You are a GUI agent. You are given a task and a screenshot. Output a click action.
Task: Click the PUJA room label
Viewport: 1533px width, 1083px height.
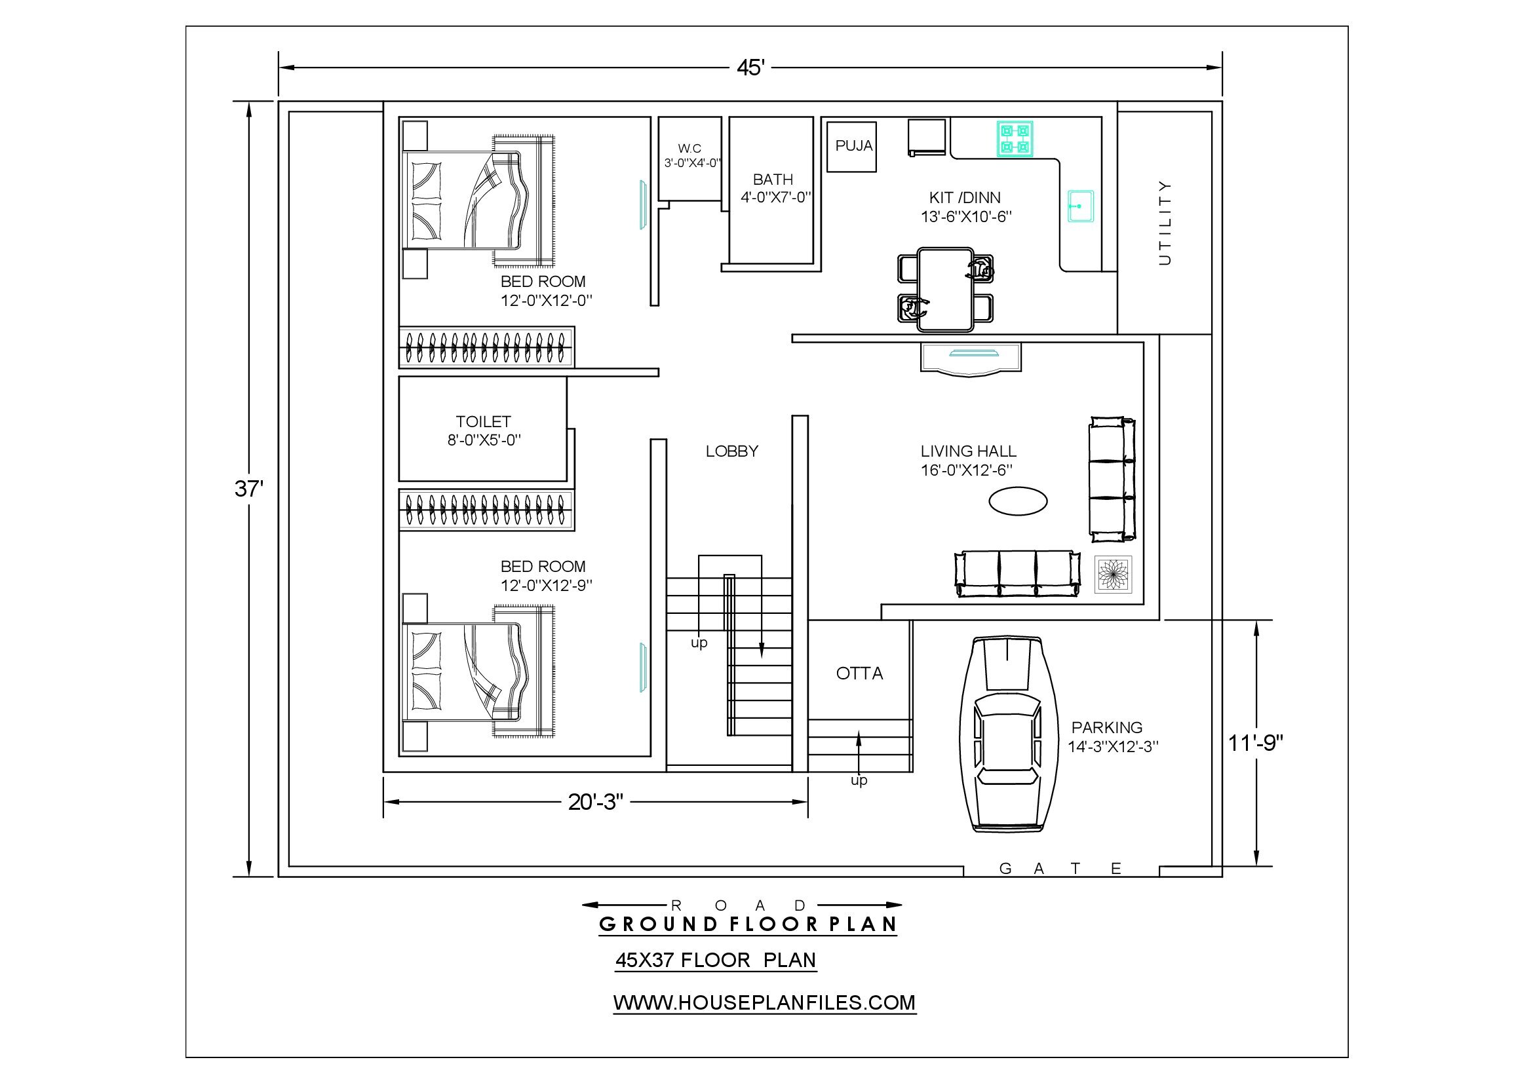pos(854,145)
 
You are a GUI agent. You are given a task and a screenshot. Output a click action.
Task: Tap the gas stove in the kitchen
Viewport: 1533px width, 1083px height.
pos(1015,139)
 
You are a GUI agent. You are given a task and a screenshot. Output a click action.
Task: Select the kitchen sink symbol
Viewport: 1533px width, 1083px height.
pos(1080,206)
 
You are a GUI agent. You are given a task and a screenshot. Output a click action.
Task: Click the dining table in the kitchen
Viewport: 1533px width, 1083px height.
pos(946,290)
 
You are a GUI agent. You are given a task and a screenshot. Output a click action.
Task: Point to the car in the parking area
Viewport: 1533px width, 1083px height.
pos(1009,734)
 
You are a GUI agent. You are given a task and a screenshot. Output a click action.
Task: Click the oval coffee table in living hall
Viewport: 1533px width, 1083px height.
pos(1018,501)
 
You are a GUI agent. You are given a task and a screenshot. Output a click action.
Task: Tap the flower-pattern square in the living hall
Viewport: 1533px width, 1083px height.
pos(1113,575)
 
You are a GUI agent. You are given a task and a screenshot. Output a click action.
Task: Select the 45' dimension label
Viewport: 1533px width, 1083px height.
pos(750,67)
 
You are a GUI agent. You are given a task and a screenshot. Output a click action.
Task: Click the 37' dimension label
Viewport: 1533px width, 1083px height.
pos(249,489)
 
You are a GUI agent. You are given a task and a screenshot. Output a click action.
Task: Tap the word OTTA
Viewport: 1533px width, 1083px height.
pos(859,674)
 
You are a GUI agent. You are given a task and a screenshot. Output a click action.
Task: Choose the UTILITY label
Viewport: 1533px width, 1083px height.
pos(1165,223)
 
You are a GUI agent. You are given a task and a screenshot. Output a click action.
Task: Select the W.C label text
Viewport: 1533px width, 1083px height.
pos(689,148)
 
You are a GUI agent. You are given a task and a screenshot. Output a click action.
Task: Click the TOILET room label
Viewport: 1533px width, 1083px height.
pos(484,422)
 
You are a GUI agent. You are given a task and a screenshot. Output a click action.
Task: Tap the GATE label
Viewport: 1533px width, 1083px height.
pos(1060,868)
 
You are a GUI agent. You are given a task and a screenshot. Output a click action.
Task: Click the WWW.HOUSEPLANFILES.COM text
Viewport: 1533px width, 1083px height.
pos(764,1002)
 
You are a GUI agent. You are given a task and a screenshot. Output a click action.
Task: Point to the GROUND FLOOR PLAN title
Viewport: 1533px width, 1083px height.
pos(748,924)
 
